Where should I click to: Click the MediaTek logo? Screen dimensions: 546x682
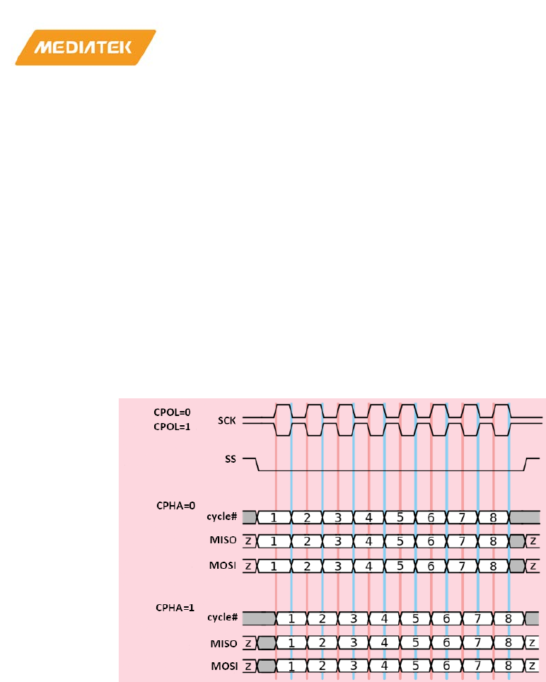coord(86,47)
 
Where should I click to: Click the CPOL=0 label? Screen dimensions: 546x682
coord(173,411)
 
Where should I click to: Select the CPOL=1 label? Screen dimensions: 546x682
coord(173,426)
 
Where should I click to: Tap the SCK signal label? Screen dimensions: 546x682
coord(227,420)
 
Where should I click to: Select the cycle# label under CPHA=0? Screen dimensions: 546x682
coord(222,517)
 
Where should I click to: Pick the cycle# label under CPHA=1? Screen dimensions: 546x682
coord(222,618)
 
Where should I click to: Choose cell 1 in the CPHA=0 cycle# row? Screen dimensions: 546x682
coord(274,517)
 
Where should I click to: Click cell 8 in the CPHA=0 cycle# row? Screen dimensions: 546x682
coord(493,517)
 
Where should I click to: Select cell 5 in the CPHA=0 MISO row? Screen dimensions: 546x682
coord(400,541)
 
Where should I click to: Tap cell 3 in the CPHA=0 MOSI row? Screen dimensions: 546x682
coord(337,566)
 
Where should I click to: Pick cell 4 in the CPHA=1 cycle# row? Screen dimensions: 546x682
coord(384,618)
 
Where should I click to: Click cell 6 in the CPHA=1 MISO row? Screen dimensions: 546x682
coord(446,642)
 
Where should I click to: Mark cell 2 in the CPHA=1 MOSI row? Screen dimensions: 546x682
coord(322,666)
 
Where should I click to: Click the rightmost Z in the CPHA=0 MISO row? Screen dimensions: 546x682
coord(534,541)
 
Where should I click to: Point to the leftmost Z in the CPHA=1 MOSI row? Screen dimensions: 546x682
coord(249,666)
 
